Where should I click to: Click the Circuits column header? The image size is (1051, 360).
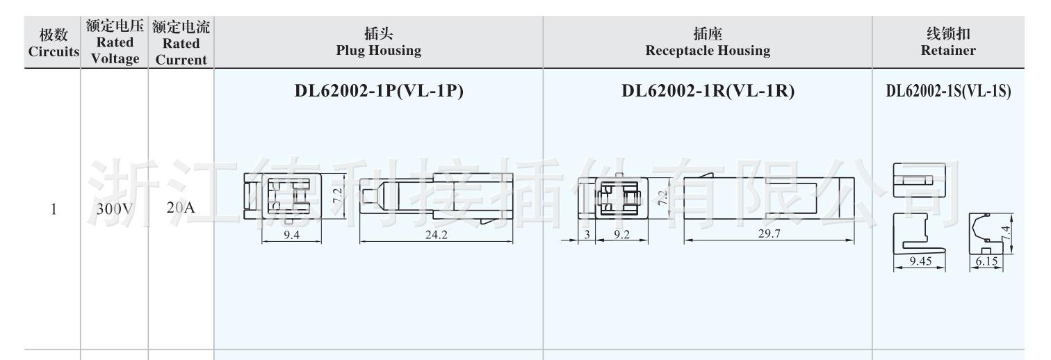coord(54,42)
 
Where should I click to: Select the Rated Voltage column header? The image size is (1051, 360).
coord(115,42)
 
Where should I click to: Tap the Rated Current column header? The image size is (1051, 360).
coord(181,42)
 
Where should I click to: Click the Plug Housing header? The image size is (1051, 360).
coord(379,42)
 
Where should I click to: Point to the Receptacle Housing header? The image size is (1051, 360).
coord(708,42)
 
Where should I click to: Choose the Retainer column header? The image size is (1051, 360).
coord(948,42)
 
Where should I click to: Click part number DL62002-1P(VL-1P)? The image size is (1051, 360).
coord(379,90)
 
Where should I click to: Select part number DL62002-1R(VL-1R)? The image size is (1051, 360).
coord(708,90)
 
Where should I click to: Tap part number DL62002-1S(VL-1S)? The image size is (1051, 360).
coord(948,90)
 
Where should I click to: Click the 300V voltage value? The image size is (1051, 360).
coord(115,208)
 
